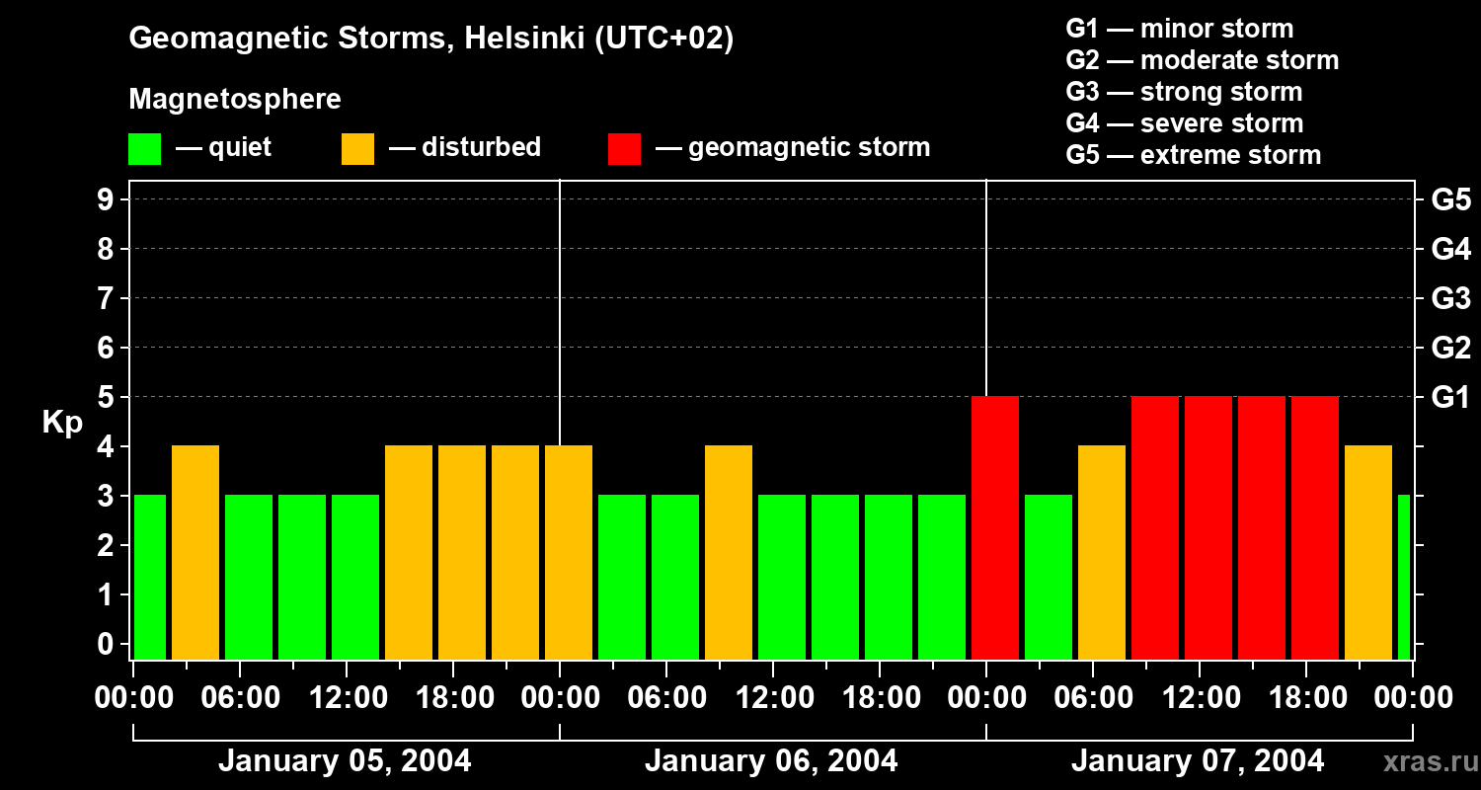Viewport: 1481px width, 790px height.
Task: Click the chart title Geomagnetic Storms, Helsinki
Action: click(430, 39)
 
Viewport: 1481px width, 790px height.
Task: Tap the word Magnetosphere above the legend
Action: click(235, 99)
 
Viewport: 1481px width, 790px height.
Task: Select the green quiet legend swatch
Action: click(144, 148)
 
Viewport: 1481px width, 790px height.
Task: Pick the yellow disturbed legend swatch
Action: click(357, 148)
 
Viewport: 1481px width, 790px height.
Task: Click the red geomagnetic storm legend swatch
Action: click(624, 148)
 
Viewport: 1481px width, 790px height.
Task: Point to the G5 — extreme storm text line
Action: click(1193, 155)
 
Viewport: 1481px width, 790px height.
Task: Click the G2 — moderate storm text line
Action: click(1202, 60)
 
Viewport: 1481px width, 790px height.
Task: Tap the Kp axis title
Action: click(62, 423)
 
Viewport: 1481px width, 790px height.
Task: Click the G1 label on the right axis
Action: click(1450, 397)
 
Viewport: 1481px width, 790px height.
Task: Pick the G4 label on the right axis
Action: click(1450, 249)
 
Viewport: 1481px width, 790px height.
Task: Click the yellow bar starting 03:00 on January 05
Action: click(195, 552)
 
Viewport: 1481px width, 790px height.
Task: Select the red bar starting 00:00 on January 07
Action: click(995, 527)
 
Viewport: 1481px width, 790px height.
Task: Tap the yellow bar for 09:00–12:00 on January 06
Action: click(729, 552)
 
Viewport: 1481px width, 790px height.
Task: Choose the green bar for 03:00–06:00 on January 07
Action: click(1049, 577)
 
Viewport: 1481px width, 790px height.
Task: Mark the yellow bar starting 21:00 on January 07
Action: click(1368, 552)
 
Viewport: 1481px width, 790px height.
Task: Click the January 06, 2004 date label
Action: click(771, 761)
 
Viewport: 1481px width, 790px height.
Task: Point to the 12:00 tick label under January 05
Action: click(348, 697)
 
